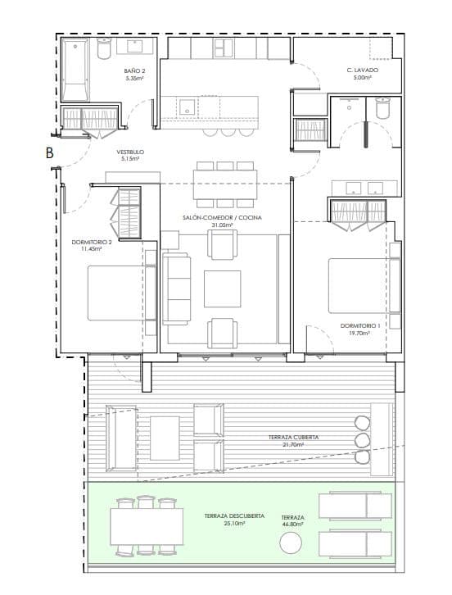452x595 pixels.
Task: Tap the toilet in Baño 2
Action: (104, 49)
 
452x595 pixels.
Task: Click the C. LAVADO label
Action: (362, 71)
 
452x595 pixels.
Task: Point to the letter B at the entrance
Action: (50, 152)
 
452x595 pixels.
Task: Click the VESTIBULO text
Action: (131, 152)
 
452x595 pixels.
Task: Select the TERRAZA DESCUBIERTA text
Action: (234, 516)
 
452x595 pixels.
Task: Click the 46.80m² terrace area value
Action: (292, 525)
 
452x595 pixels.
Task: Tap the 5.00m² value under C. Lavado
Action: (362, 79)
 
